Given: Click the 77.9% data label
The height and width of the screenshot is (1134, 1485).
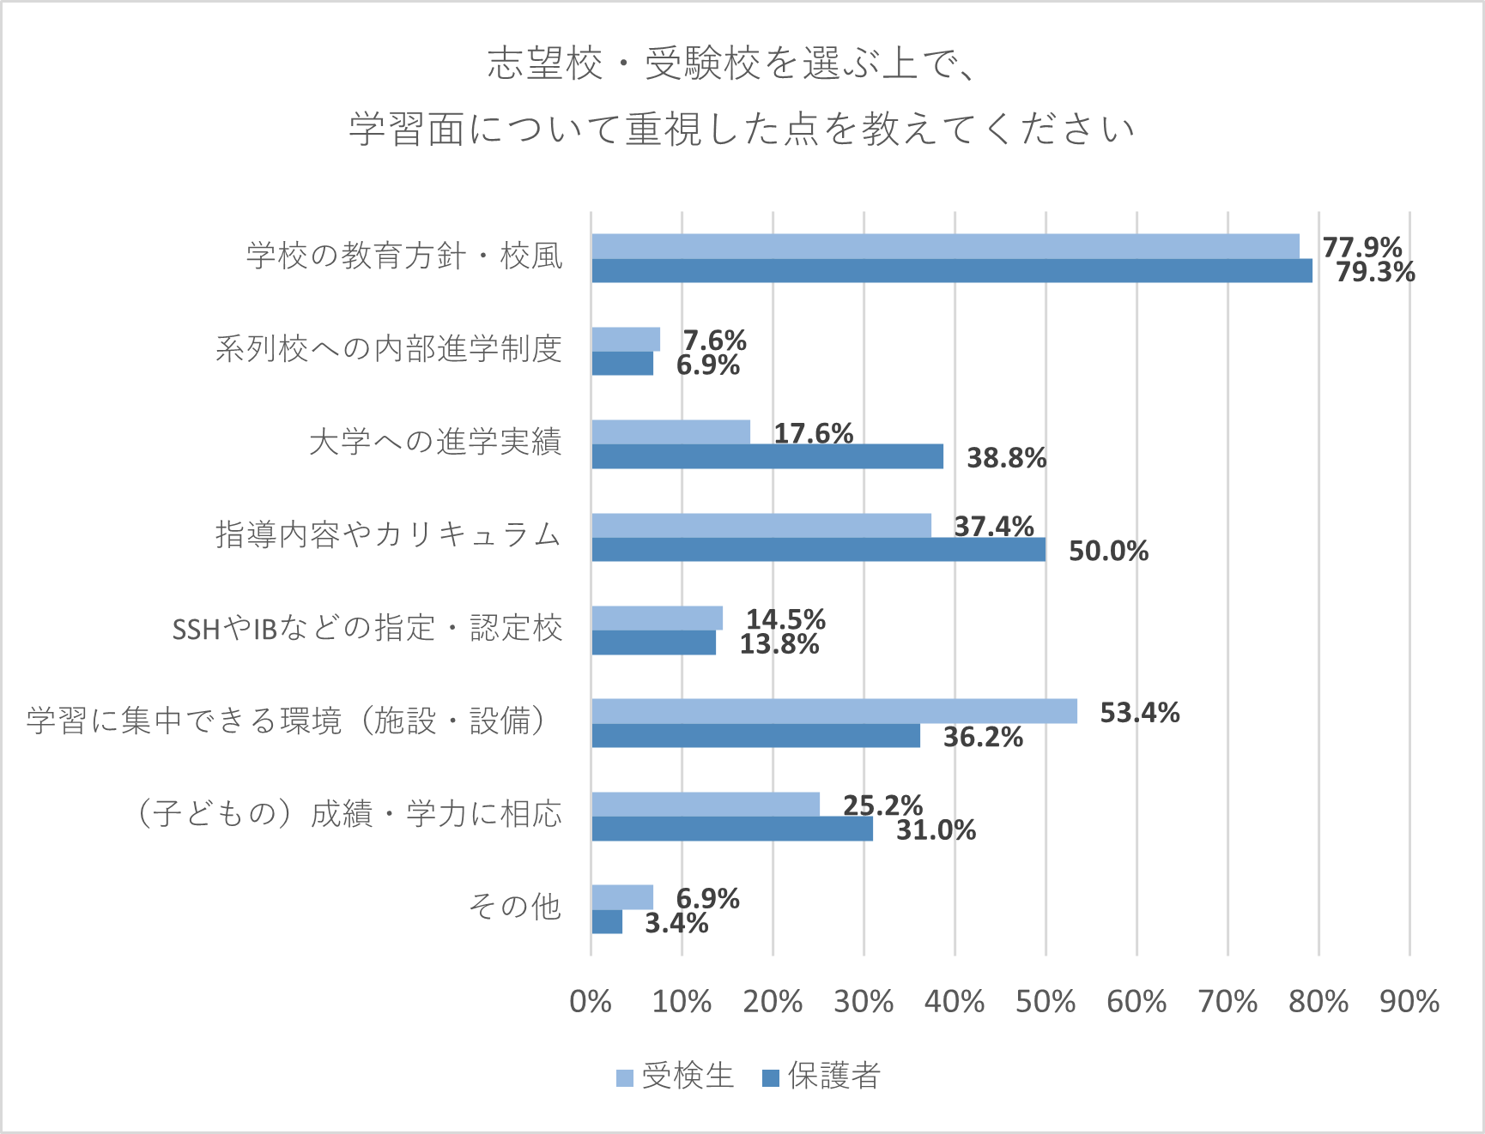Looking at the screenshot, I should (1362, 247).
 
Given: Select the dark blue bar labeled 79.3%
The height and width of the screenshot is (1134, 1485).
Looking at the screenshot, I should (951, 271).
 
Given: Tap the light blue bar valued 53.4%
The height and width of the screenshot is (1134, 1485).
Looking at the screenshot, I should (833, 711).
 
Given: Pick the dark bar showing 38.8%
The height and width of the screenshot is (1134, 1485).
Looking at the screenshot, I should (767, 456).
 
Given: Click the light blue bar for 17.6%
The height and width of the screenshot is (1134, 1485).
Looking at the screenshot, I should (670, 432).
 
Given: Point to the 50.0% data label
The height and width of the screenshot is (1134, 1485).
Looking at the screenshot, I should (1108, 551).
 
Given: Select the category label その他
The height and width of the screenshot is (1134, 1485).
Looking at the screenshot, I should (515, 906).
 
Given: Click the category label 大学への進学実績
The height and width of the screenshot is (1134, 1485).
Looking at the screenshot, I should (435, 442).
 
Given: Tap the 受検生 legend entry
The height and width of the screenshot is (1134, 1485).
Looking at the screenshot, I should (676, 1076).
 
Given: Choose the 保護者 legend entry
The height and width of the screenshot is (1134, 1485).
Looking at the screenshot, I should (822, 1076).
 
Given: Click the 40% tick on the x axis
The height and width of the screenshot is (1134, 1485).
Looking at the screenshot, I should (955, 1001).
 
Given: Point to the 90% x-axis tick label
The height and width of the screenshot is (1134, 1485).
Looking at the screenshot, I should (1409, 1001).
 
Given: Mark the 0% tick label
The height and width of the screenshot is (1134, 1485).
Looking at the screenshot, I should (591, 1001).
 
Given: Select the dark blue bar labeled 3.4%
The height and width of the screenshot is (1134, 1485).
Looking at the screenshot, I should (607, 922).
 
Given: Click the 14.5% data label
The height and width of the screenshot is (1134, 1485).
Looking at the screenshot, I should (785, 618).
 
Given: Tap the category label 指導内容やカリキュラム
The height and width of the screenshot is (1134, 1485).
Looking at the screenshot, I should (388, 534).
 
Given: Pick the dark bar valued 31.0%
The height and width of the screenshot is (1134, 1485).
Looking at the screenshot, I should (731, 829).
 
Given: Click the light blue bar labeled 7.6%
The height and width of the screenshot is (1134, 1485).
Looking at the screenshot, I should (626, 340).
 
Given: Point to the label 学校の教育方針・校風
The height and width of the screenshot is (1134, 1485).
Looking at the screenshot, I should (404, 256).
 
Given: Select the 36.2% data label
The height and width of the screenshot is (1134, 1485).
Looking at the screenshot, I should (983, 737).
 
